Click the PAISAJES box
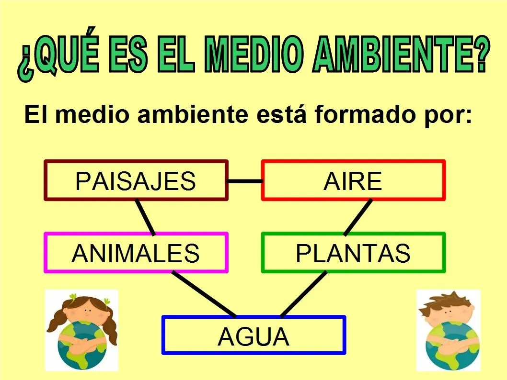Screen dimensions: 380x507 [136, 180]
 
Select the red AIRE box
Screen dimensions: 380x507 [353, 180]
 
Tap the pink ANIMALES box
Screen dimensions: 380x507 [136, 253]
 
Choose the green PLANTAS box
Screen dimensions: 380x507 [353, 253]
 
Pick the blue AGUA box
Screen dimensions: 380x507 [253, 335]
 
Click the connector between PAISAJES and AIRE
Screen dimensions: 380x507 [245, 181]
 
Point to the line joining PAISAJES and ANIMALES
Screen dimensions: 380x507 [145, 217]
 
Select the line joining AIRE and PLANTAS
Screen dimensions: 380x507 [358, 217]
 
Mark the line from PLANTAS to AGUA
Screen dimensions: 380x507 [303, 294]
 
